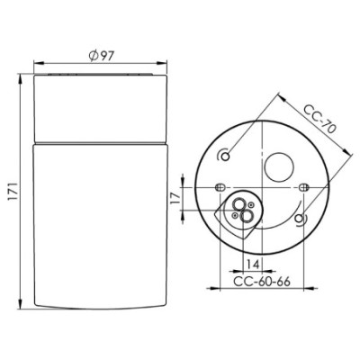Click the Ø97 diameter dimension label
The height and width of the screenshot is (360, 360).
click(x=101, y=56)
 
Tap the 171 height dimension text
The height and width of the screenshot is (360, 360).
click(x=14, y=192)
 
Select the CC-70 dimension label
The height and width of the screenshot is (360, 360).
click(x=319, y=120)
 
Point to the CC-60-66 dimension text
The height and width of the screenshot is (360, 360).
click(x=262, y=282)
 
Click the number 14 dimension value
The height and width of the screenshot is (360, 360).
click(x=253, y=265)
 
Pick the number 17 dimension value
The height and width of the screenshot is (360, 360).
click(x=175, y=198)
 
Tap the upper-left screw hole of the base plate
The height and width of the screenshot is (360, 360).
click(x=227, y=156)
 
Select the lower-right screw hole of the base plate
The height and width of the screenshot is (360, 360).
click(x=299, y=219)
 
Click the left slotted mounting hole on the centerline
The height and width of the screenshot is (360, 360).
click(x=220, y=187)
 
